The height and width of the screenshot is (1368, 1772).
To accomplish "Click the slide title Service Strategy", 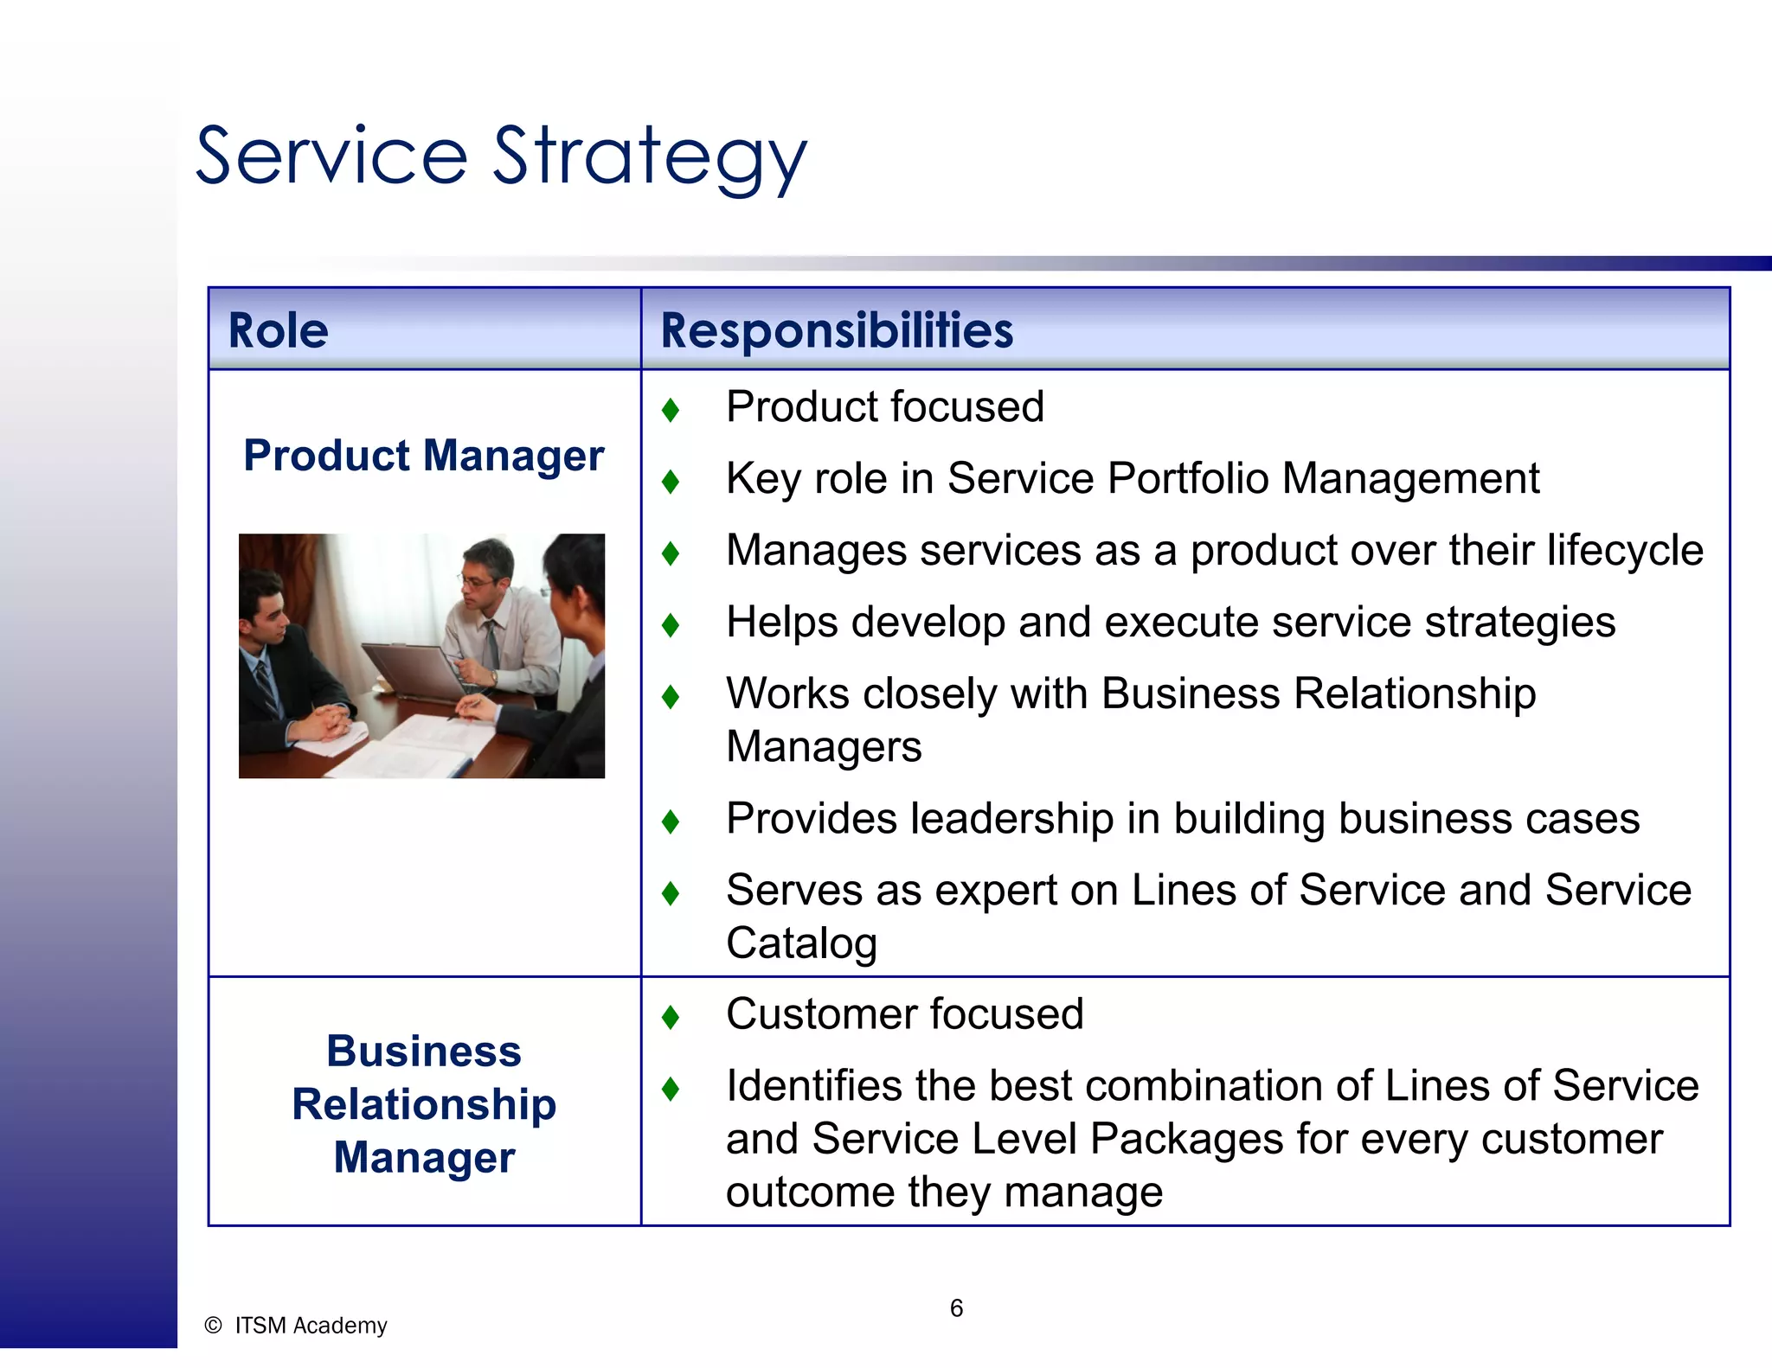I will point(501,157).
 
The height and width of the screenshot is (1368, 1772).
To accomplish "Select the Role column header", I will point(278,330).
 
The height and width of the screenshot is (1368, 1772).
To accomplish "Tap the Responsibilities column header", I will point(836,330).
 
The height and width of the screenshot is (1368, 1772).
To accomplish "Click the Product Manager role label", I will point(423,456).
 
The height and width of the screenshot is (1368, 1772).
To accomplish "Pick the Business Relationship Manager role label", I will point(423,1104).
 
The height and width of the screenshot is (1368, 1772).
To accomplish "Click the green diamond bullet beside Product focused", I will point(670,409).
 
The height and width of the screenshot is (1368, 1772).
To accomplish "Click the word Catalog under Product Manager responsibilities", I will point(801,943).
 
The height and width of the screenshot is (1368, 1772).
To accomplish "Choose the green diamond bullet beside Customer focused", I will point(670,1016).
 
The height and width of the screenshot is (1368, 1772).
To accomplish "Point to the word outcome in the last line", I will point(810,1192).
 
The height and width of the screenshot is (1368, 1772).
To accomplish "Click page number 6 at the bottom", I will point(956,1308).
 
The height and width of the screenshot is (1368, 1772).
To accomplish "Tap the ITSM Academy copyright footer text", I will point(299,1326).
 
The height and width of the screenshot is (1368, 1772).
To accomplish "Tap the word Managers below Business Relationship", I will point(824,747).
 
